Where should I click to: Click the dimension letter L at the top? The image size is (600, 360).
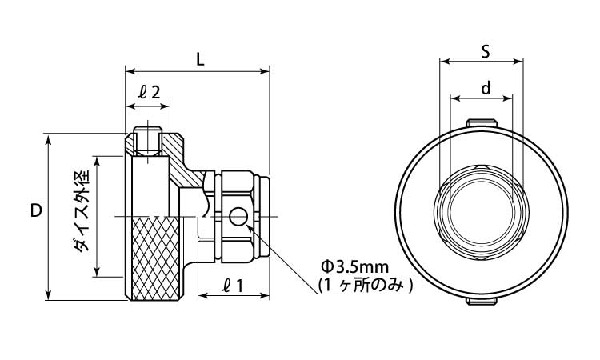click(x=200, y=59)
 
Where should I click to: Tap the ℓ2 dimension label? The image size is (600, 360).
click(x=149, y=92)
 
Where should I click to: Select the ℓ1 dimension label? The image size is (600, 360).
click(x=233, y=285)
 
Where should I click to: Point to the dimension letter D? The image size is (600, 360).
click(x=36, y=210)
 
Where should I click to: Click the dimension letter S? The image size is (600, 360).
click(x=486, y=51)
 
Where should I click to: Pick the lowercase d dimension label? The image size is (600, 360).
click(x=486, y=88)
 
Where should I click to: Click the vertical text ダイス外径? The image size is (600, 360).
click(x=81, y=210)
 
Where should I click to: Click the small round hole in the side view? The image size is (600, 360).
click(x=238, y=217)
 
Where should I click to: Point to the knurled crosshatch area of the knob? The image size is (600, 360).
click(x=155, y=258)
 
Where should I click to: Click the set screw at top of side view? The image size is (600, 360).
click(x=148, y=141)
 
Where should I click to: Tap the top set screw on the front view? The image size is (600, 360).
click(x=482, y=123)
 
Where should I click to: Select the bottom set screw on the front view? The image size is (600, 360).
click(x=482, y=301)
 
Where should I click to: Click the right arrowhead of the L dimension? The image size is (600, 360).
click(x=265, y=71)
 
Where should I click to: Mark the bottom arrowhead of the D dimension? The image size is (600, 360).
click(x=48, y=294)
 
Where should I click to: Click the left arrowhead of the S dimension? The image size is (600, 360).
click(x=445, y=61)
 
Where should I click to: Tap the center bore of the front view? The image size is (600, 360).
click(x=482, y=211)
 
